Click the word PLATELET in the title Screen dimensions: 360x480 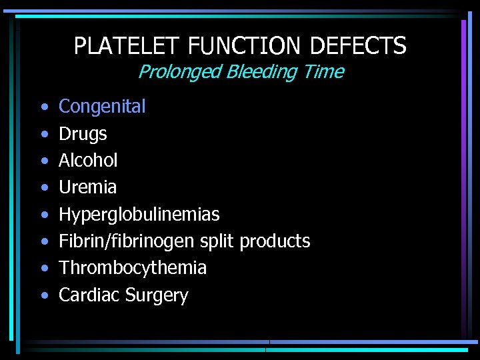coord(127,46)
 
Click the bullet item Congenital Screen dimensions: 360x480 coord(102,107)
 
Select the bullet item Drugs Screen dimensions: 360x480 coord(83,134)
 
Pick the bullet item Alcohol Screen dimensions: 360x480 coord(88,160)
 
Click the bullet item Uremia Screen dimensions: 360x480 coord(87,187)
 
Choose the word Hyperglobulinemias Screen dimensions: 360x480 coord(139,215)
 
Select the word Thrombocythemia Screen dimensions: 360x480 coord(133,268)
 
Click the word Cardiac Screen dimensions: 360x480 coord(87,295)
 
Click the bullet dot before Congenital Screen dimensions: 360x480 coord(43,107)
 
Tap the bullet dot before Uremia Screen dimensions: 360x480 coord(43,188)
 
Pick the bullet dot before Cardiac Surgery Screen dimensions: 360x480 coord(43,295)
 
